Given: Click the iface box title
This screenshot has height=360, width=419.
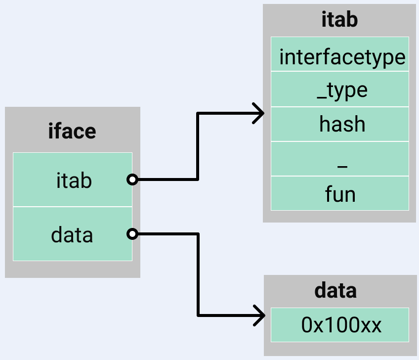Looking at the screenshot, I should pos(72,132).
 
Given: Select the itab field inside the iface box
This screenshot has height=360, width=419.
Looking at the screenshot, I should pos(73,180).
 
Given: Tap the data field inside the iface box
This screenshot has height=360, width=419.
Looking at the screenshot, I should pos(73,234).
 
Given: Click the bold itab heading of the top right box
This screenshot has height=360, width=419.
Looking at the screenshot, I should pos(339,21).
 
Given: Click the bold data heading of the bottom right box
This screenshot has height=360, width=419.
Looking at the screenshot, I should pos(335,291).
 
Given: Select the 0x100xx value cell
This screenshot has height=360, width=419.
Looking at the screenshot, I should pos(340,325).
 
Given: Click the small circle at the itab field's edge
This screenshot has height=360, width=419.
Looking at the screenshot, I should pos(132,180).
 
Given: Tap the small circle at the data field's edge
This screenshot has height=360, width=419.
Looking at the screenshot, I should pos(132,234).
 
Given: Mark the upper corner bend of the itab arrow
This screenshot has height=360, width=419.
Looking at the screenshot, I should pos(198,114).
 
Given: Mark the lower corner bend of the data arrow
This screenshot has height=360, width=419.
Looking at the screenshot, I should pos(198,315).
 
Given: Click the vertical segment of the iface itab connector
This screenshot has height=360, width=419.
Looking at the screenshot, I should pos(198,146).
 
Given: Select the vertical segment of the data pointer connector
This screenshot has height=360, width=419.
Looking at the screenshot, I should pos(198,274).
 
